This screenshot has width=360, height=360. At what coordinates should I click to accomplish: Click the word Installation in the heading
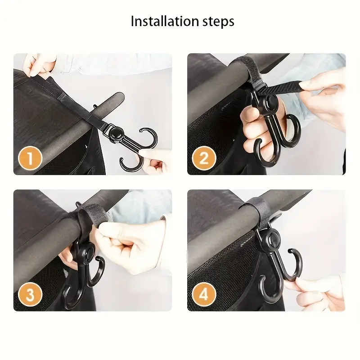pos(165,21)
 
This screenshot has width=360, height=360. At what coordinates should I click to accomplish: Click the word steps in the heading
pos(218,22)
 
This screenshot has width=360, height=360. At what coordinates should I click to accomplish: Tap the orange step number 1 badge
pos(30,158)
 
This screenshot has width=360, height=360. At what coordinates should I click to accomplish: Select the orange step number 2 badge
pos(204,158)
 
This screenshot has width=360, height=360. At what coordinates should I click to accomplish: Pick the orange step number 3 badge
pos(30,295)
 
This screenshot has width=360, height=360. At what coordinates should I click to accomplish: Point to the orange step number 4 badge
pos(204,295)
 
